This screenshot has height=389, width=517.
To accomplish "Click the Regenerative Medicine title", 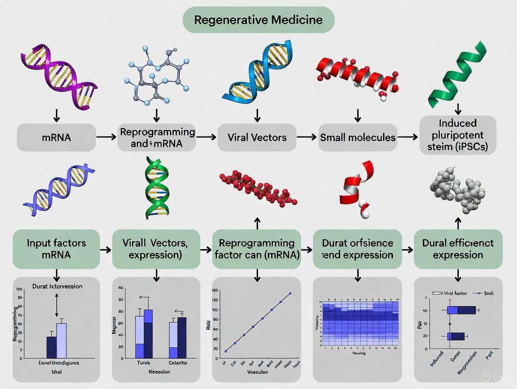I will (258, 20).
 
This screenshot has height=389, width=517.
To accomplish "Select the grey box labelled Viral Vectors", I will (257, 137).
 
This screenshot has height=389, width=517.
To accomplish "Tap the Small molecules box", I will (357, 137).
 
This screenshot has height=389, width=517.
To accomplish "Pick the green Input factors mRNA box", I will (56, 249).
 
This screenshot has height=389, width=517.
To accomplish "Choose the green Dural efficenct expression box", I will (458, 249).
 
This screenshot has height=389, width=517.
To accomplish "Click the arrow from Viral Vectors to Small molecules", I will (307, 137).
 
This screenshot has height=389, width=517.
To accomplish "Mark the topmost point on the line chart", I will (290, 294).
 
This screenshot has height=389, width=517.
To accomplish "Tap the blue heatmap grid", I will (358, 323).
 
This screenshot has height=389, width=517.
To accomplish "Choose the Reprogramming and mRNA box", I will (157, 137).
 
